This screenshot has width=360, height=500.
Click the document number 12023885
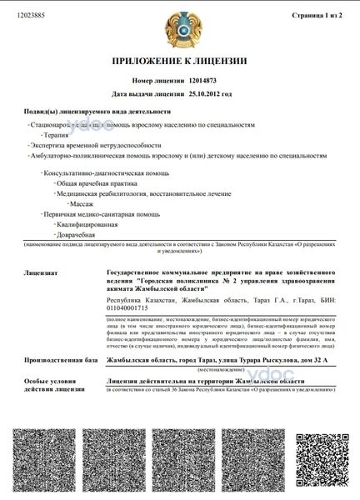(30, 15)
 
